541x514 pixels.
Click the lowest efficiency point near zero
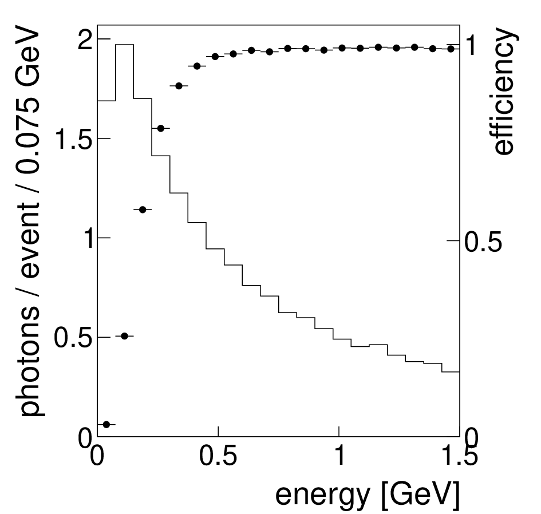point(106,424)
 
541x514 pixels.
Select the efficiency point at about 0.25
point(125,336)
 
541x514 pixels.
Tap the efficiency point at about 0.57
point(143,209)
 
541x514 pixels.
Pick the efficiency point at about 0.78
point(161,128)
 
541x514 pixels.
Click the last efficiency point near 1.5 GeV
point(451,49)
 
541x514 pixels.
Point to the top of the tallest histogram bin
point(125,45)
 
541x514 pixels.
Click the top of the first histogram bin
point(106,101)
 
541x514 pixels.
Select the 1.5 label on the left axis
point(74,139)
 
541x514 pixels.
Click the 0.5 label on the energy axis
point(218,456)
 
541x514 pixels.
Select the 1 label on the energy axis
point(340,456)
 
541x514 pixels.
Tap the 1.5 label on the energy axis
point(460,456)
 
